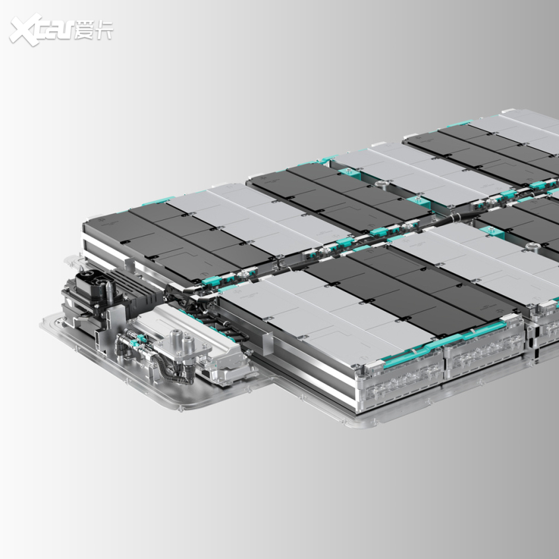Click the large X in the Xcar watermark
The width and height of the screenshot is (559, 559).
(26, 29)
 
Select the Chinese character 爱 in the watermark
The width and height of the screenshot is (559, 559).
(85, 30)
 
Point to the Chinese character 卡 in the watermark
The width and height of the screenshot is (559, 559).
(104, 30)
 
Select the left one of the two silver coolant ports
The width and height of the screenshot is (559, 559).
(175, 338)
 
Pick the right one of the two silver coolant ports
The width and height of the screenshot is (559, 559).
(188, 344)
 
